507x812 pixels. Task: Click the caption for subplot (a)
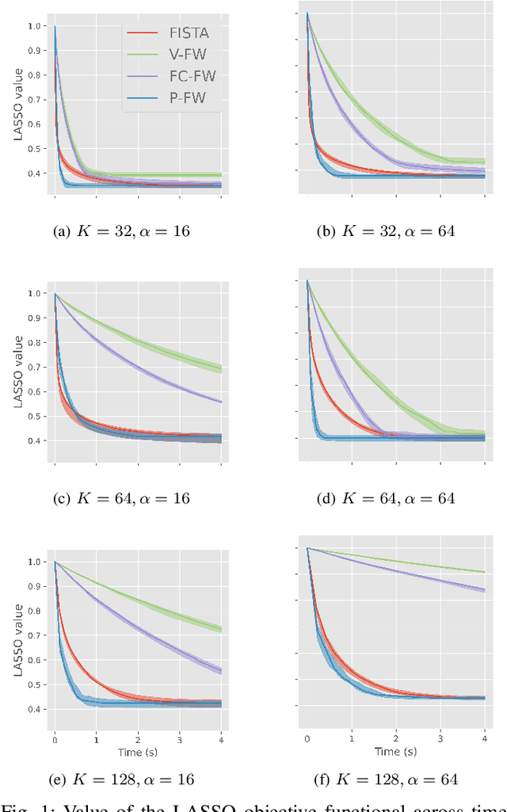(120, 231)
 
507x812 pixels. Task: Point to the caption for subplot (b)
(387, 231)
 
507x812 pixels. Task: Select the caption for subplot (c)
(120, 498)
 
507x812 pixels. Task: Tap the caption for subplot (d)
(387, 498)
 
